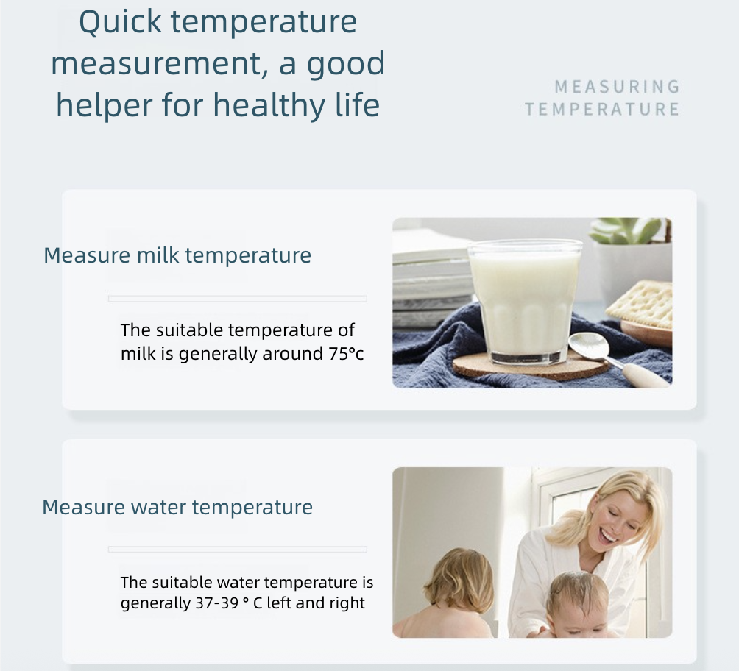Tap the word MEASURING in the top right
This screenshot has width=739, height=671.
coord(618,88)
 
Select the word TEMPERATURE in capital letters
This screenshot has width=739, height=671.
coord(602,110)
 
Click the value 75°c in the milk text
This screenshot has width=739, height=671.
coord(346,354)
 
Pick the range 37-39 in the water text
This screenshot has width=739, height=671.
coord(211,603)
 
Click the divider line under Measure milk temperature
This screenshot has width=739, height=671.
coord(237,299)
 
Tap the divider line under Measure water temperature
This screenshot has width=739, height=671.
coord(237,550)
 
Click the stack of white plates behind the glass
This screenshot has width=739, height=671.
coord(431,272)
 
